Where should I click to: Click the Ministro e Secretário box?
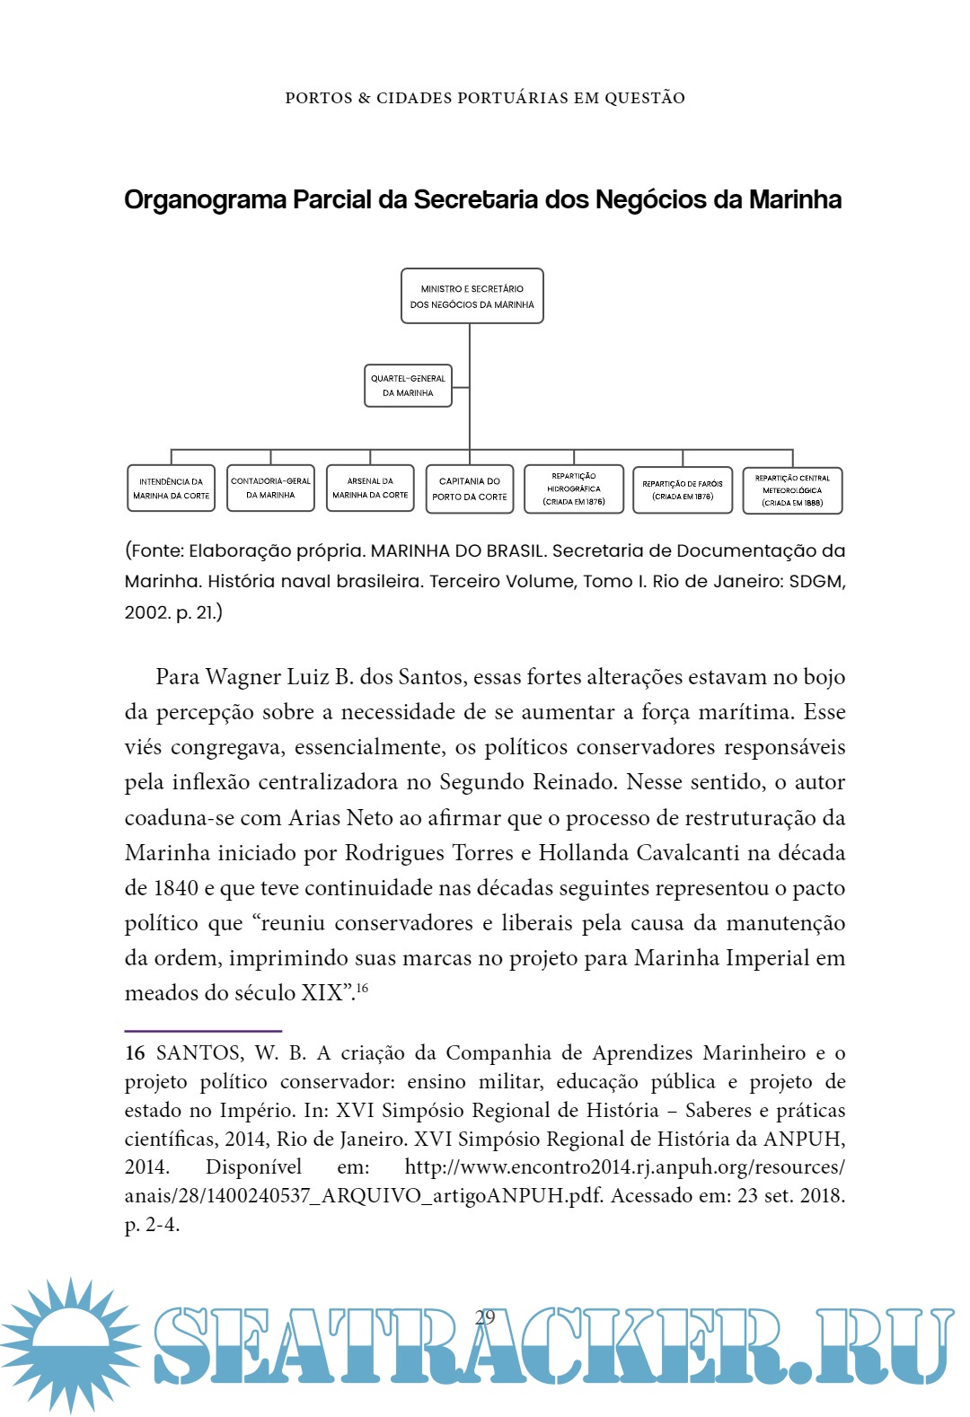click(x=472, y=296)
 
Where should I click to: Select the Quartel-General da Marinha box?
click(x=408, y=385)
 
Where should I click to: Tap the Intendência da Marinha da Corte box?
click(x=171, y=488)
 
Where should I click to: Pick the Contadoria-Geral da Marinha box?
click(x=270, y=488)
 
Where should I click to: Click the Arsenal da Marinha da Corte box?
click(x=370, y=488)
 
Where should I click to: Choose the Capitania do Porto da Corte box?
click(x=470, y=488)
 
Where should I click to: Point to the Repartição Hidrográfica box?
click(x=574, y=488)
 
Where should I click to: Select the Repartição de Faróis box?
click(x=683, y=489)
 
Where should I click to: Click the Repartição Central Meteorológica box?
click(x=792, y=490)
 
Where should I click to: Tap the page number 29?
click(x=485, y=1317)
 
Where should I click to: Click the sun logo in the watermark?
click(x=70, y=1344)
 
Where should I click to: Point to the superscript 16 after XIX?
click(x=362, y=989)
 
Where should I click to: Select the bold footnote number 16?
click(x=135, y=1053)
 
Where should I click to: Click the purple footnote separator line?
click(x=203, y=1031)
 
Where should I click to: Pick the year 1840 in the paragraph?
click(x=176, y=888)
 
